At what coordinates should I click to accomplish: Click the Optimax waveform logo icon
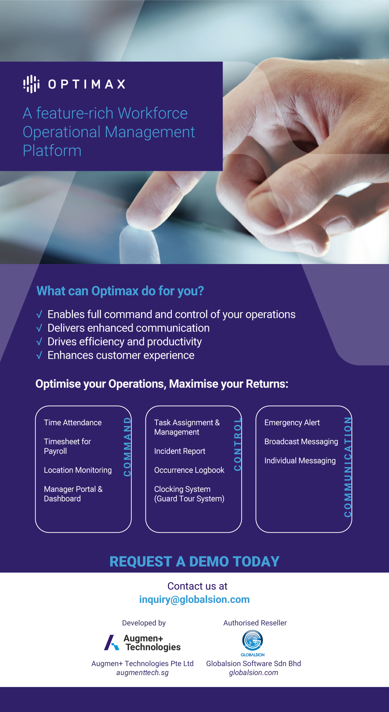(x=31, y=84)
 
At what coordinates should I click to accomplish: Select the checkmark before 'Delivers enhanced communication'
(x=39, y=328)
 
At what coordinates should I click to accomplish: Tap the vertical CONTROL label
(x=238, y=444)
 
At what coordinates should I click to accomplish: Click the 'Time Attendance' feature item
(x=73, y=423)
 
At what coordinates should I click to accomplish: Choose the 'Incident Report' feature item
(x=180, y=451)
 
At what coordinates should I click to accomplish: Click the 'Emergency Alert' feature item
(x=292, y=423)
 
